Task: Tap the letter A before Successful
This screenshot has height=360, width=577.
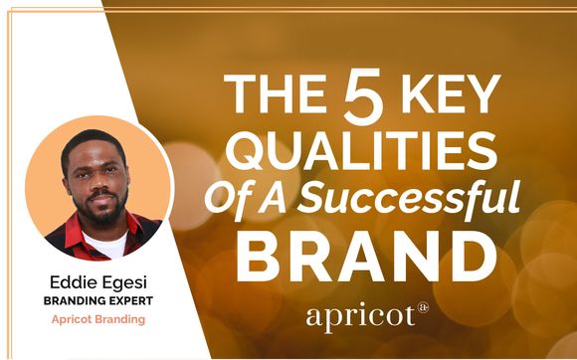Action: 270,197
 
